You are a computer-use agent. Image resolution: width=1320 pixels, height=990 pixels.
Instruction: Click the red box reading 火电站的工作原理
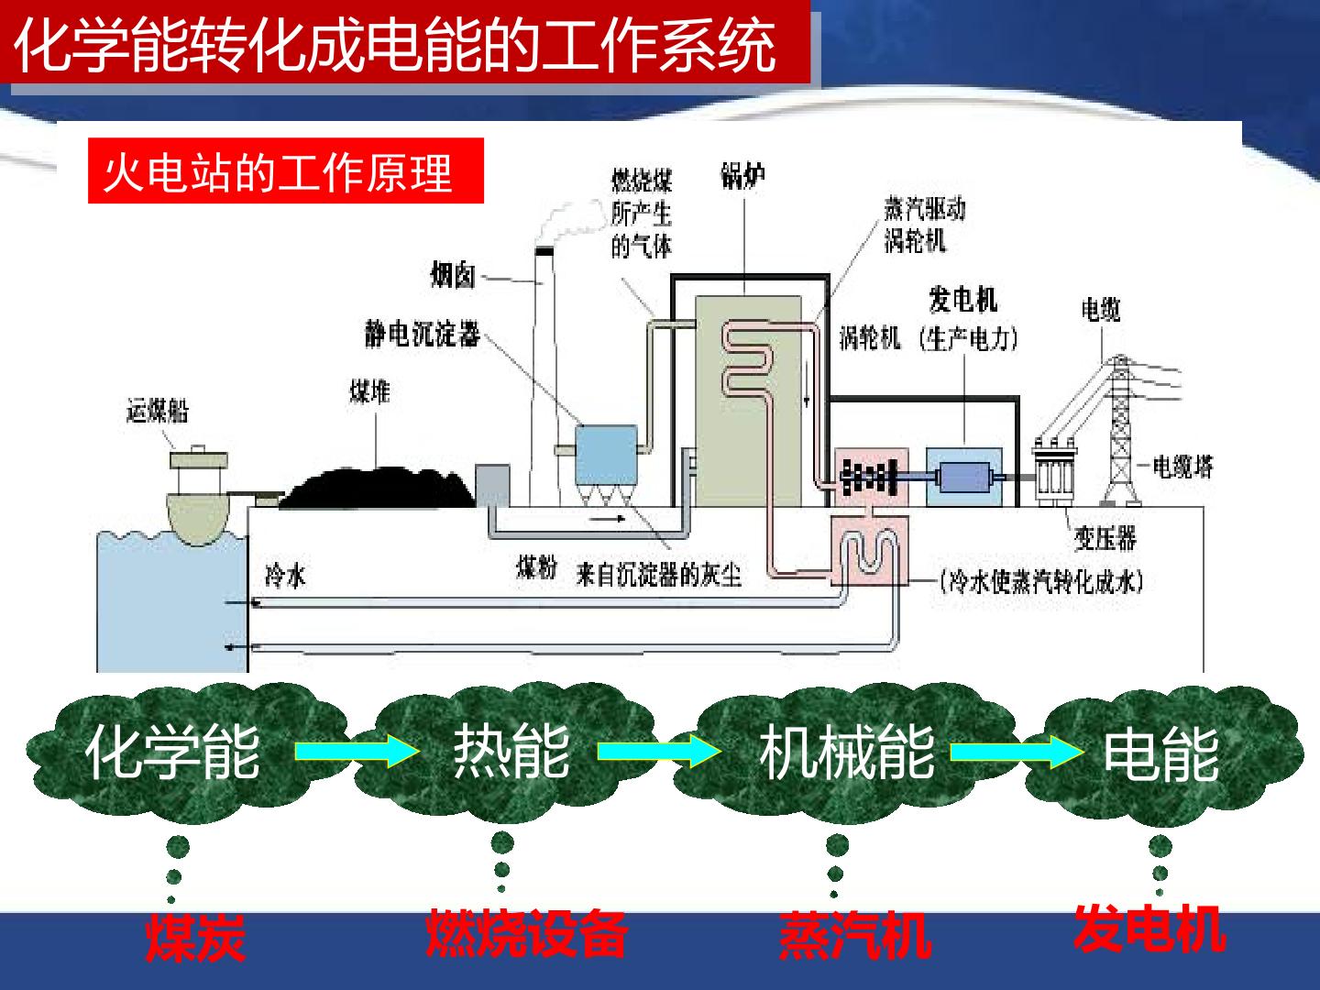click(286, 170)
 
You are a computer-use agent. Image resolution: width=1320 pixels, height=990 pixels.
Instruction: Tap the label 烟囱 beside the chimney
click(452, 275)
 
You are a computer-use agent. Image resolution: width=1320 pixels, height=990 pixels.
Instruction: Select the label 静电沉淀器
click(423, 334)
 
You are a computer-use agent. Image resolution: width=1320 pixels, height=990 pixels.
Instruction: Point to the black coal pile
click(377, 488)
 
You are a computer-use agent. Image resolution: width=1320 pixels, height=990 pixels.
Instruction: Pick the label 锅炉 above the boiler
click(742, 175)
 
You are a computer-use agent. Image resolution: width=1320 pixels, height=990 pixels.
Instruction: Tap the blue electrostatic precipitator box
click(606, 455)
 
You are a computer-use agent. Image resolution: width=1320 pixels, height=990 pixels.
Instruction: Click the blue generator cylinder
click(964, 478)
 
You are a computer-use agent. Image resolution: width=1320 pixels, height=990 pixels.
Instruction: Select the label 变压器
click(1105, 538)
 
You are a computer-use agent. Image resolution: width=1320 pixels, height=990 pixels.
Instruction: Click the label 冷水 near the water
click(285, 576)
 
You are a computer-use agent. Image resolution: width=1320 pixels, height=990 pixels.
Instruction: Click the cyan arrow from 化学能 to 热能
click(357, 752)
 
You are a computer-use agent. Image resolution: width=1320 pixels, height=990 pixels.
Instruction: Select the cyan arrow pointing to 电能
click(1017, 752)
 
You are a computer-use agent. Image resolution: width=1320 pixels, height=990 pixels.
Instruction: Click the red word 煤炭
click(195, 938)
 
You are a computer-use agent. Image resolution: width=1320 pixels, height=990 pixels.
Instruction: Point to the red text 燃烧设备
click(527, 933)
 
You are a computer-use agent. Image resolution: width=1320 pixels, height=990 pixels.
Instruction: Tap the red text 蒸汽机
click(855, 935)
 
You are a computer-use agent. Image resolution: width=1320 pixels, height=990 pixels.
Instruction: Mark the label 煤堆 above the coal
click(369, 391)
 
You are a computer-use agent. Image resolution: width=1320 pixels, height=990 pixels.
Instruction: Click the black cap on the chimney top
click(544, 251)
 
